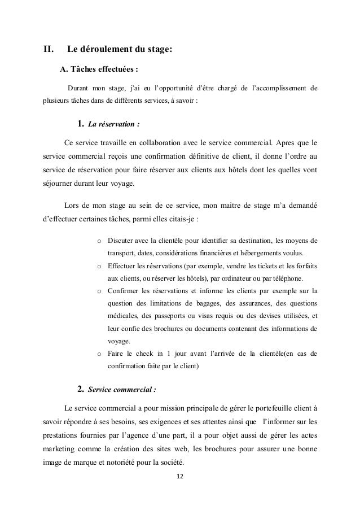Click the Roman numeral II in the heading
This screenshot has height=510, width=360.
(x=49, y=49)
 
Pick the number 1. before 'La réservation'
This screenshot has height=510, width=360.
(x=80, y=124)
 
